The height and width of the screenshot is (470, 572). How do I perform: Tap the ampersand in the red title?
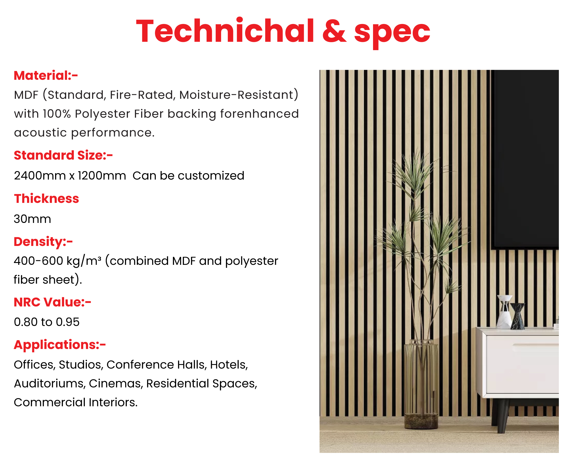[x=334, y=31]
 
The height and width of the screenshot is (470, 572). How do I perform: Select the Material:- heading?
[x=46, y=75]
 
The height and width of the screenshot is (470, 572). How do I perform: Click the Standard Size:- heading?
[x=63, y=155]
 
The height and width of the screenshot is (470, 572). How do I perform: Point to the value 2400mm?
[x=40, y=176]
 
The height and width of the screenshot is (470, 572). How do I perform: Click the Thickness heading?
[x=46, y=199]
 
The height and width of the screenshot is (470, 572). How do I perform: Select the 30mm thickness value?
[x=32, y=219]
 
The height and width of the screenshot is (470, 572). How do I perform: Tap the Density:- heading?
[x=43, y=242]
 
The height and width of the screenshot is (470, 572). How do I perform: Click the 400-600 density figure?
[x=38, y=261]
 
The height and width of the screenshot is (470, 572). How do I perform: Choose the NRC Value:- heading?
[x=52, y=302]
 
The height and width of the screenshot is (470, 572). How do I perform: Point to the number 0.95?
[x=68, y=322]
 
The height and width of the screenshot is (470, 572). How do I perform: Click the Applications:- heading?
[x=60, y=345]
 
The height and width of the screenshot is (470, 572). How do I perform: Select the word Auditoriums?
[x=50, y=384]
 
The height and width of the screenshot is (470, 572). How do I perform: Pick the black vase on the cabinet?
[x=518, y=316]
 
